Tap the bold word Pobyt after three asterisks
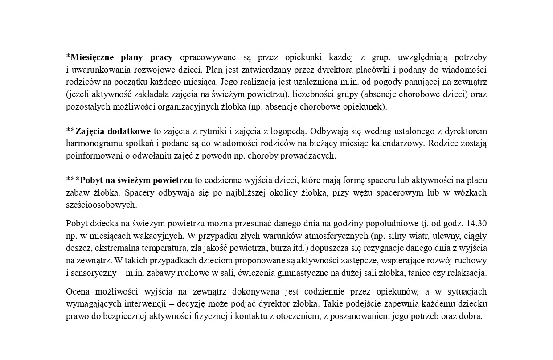pyautogui.click(x=91, y=180)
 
